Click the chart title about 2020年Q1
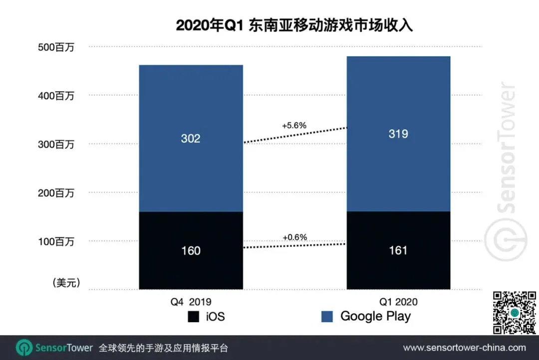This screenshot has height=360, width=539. [294, 25]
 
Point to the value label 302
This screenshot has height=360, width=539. [191, 138]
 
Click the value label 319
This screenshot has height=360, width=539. [398, 134]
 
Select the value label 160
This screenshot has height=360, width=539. [191, 250]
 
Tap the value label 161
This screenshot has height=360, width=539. [398, 250]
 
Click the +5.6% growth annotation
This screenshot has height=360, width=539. [294, 126]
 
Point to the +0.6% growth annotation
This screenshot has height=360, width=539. [294, 237]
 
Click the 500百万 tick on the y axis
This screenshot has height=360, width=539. [56, 48]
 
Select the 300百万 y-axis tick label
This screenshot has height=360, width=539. [56, 145]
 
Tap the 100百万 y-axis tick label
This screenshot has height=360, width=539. [56, 242]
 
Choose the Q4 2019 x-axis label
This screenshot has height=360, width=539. [191, 302]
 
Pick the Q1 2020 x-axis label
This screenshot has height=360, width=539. [398, 302]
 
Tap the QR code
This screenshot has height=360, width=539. [514, 313]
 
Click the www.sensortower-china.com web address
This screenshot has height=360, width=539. [464, 348]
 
